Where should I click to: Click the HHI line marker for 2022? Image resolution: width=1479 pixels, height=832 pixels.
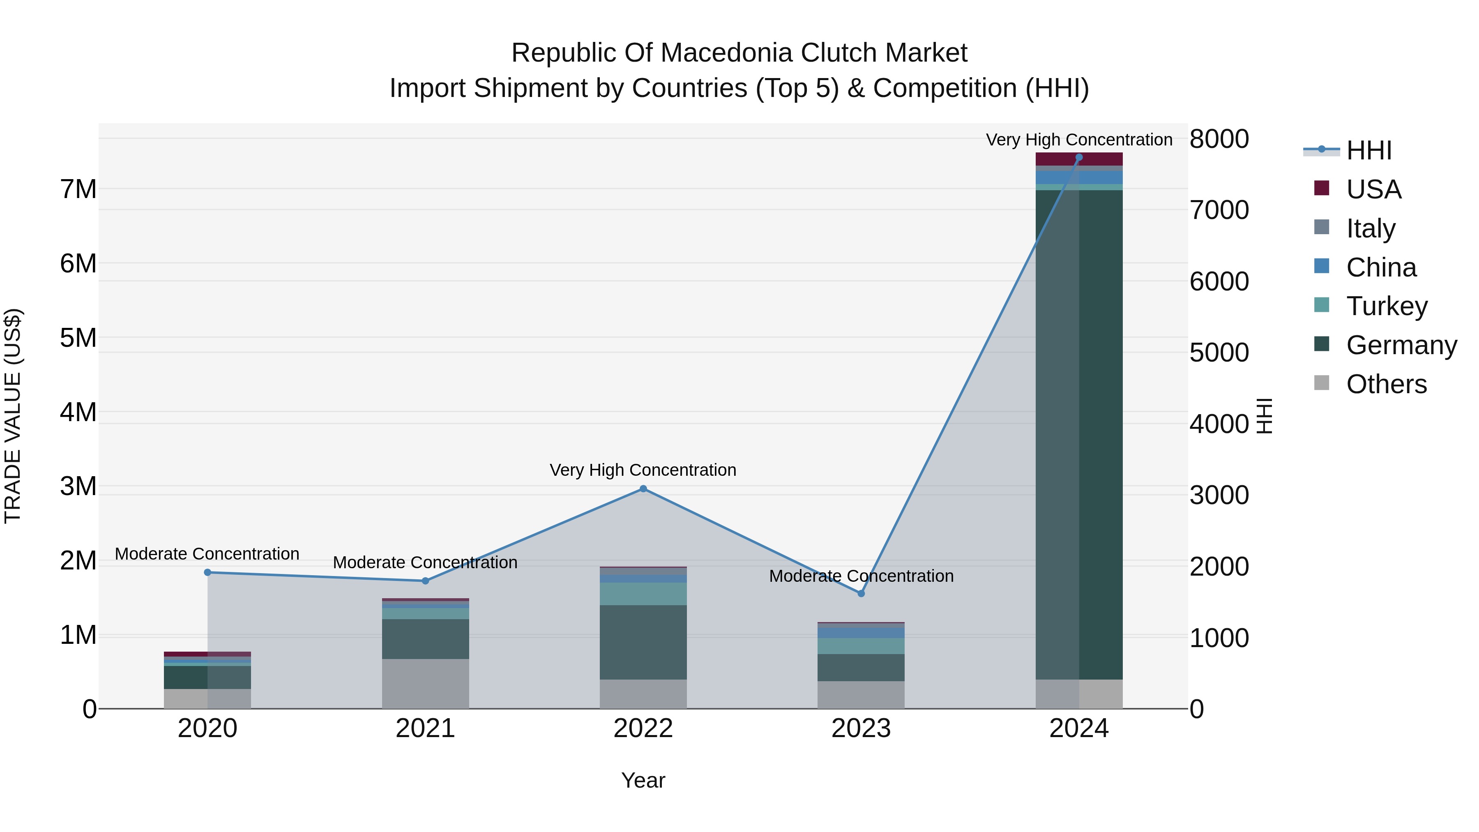pyautogui.click(x=643, y=489)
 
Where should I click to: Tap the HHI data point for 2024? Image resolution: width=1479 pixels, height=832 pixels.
pyautogui.click(x=1079, y=157)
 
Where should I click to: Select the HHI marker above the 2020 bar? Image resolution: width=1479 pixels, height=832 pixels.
pyautogui.click(x=208, y=572)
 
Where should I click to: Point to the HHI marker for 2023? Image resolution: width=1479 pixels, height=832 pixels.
pyautogui.click(x=861, y=594)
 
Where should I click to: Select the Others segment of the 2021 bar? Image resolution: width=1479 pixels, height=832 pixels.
pyautogui.click(x=426, y=683)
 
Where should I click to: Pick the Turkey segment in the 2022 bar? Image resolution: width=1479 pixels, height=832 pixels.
pyautogui.click(x=643, y=594)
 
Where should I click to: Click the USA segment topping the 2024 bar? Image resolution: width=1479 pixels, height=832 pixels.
pyautogui.click(x=1079, y=159)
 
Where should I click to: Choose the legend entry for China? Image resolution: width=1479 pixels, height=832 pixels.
pyautogui.click(x=1381, y=267)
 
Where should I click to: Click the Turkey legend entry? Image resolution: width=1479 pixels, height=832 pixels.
pyautogui.click(x=1387, y=306)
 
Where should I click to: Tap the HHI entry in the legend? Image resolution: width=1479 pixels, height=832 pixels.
pyautogui.click(x=1369, y=150)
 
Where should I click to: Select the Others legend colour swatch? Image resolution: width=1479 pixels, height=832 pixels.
pyautogui.click(x=1321, y=383)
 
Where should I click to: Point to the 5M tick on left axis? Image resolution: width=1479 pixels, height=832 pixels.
pyautogui.click(x=78, y=338)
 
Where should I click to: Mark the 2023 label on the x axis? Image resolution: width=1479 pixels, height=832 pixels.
pyautogui.click(x=861, y=728)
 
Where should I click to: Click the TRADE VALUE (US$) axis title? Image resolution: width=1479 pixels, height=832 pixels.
pyautogui.click(x=13, y=416)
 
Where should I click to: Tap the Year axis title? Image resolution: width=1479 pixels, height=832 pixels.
pyautogui.click(x=643, y=780)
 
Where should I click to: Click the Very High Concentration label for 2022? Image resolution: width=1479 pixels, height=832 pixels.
pyautogui.click(x=643, y=470)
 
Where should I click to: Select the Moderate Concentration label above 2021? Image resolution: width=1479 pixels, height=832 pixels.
pyautogui.click(x=426, y=562)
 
